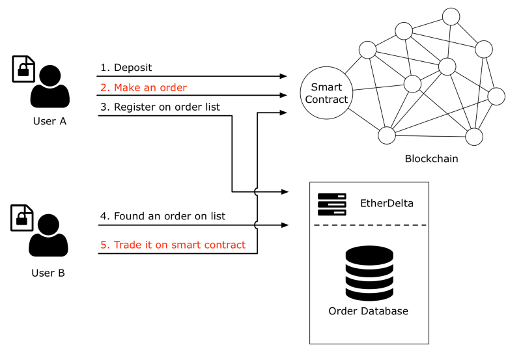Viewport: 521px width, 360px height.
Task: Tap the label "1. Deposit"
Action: click(x=126, y=68)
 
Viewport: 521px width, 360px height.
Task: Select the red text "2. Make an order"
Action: click(x=143, y=87)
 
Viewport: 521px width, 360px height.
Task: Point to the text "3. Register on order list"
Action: click(x=160, y=107)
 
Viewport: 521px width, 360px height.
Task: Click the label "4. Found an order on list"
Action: click(x=163, y=216)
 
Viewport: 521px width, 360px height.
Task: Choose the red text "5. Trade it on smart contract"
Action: click(x=173, y=245)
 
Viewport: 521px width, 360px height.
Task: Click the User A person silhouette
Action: click(x=50, y=87)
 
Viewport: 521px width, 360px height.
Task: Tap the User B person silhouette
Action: click(x=48, y=235)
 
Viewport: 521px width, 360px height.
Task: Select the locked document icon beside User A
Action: click(x=23, y=69)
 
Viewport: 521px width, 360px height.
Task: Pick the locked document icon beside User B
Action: click(x=22, y=217)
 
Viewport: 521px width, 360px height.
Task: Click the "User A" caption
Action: click(x=50, y=121)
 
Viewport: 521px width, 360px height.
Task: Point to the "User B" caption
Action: click(x=48, y=273)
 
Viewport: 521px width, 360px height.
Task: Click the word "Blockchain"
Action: click(x=431, y=159)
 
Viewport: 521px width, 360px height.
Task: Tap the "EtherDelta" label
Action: click(x=387, y=203)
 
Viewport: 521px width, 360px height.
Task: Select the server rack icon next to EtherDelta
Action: click(x=332, y=204)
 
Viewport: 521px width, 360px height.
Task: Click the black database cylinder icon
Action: click(x=369, y=273)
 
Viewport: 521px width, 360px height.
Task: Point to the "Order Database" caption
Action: click(x=368, y=311)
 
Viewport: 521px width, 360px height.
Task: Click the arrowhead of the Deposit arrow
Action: click(x=283, y=76)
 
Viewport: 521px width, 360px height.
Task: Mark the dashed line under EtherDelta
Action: click(x=370, y=225)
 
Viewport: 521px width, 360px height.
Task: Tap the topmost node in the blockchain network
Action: click(x=451, y=17)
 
